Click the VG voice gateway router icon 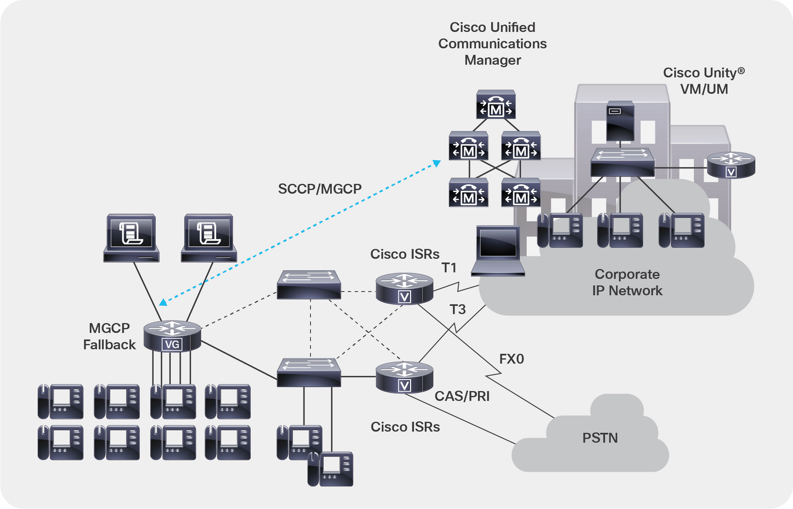coord(172,336)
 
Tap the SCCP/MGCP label coord(319,189)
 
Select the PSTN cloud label coord(600,438)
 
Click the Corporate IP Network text coord(627,282)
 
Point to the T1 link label coord(449,268)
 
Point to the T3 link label coord(457,310)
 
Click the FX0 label coord(511,359)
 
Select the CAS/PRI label coord(462,396)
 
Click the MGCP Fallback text coord(109,336)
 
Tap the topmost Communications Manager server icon coord(496,105)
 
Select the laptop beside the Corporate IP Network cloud coord(498,250)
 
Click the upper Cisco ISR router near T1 coord(404,289)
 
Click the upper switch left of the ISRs coord(308,284)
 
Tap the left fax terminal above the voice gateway coord(132,237)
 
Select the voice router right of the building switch coord(730,165)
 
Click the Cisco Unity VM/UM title coord(704,81)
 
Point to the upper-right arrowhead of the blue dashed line coord(437,163)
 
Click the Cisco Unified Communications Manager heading coord(492,43)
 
